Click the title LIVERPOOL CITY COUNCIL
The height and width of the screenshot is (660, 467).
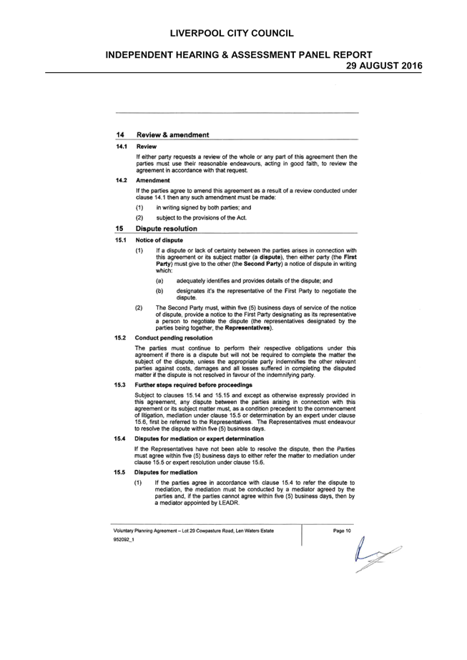click(232, 34)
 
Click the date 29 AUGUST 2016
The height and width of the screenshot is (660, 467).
click(384, 66)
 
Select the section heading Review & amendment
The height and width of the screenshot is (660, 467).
click(172, 134)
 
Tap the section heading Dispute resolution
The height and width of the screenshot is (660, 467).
click(167, 229)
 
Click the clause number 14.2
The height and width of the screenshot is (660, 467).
click(122, 180)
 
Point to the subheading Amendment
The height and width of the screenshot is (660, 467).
click(153, 180)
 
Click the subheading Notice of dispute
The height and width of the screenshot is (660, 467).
click(159, 240)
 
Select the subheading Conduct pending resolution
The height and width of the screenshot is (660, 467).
click(174, 338)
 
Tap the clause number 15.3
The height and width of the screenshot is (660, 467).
click(119, 385)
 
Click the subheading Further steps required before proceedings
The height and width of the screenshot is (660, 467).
click(193, 385)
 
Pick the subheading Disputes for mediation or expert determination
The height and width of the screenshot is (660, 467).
click(199, 438)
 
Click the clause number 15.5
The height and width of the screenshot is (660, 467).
click(119, 472)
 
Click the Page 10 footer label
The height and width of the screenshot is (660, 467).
click(342, 531)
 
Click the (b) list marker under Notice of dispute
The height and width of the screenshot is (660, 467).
click(159, 291)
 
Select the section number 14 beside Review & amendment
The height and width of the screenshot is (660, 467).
click(120, 134)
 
